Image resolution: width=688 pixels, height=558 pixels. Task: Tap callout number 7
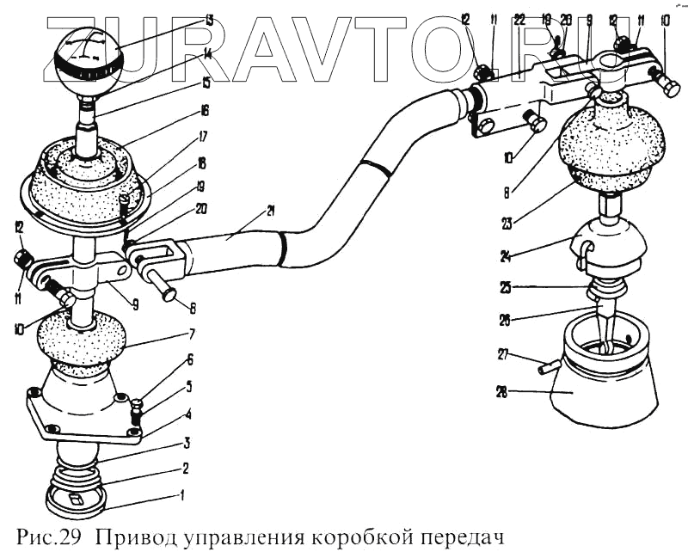point(192,333)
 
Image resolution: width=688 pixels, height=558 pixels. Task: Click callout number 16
point(205,111)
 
